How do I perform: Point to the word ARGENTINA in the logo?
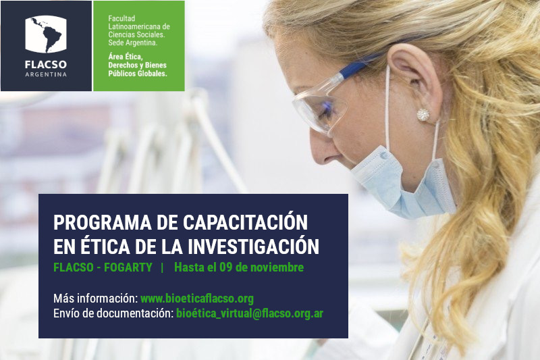pos(46,74)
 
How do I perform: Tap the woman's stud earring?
pos(423,114)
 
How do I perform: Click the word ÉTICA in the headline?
pos(97,245)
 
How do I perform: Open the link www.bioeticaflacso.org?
pos(197,299)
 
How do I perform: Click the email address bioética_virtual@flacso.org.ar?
pos(249,313)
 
